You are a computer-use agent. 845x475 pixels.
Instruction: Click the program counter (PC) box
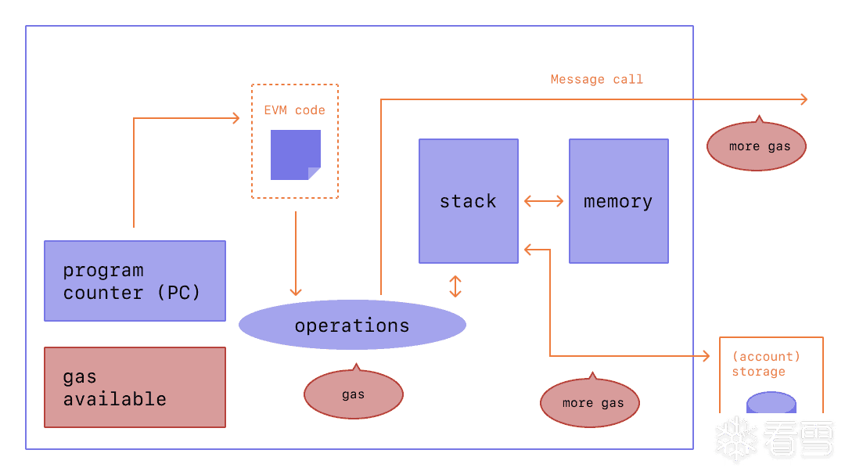click(x=135, y=281)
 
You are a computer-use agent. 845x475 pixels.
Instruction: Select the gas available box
click(x=135, y=387)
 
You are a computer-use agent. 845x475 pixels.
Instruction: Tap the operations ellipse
click(x=352, y=326)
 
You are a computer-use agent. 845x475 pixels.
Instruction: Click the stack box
click(x=468, y=201)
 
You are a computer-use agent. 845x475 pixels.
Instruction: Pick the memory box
click(x=618, y=201)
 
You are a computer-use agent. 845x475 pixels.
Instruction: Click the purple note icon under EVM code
click(x=295, y=155)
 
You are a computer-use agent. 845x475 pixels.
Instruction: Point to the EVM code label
click(x=294, y=110)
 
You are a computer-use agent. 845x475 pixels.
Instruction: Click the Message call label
click(x=596, y=79)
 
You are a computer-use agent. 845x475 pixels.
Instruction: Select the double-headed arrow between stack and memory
click(x=543, y=201)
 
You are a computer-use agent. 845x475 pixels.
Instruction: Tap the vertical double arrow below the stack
click(x=455, y=286)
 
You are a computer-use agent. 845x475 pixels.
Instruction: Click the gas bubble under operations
click(x=353, y=394)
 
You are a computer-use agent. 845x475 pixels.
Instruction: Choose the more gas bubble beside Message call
click(x=757, y=146)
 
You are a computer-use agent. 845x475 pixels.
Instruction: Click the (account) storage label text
click(x=765, y=364)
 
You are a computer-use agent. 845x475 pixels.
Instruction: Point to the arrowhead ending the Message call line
click(x=803, y=99)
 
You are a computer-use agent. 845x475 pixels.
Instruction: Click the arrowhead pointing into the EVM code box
click(x=235, y=118)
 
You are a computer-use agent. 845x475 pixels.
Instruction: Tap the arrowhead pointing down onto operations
click(x=296, y=291)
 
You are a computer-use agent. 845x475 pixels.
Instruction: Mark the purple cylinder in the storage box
click(x=771, y=404)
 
